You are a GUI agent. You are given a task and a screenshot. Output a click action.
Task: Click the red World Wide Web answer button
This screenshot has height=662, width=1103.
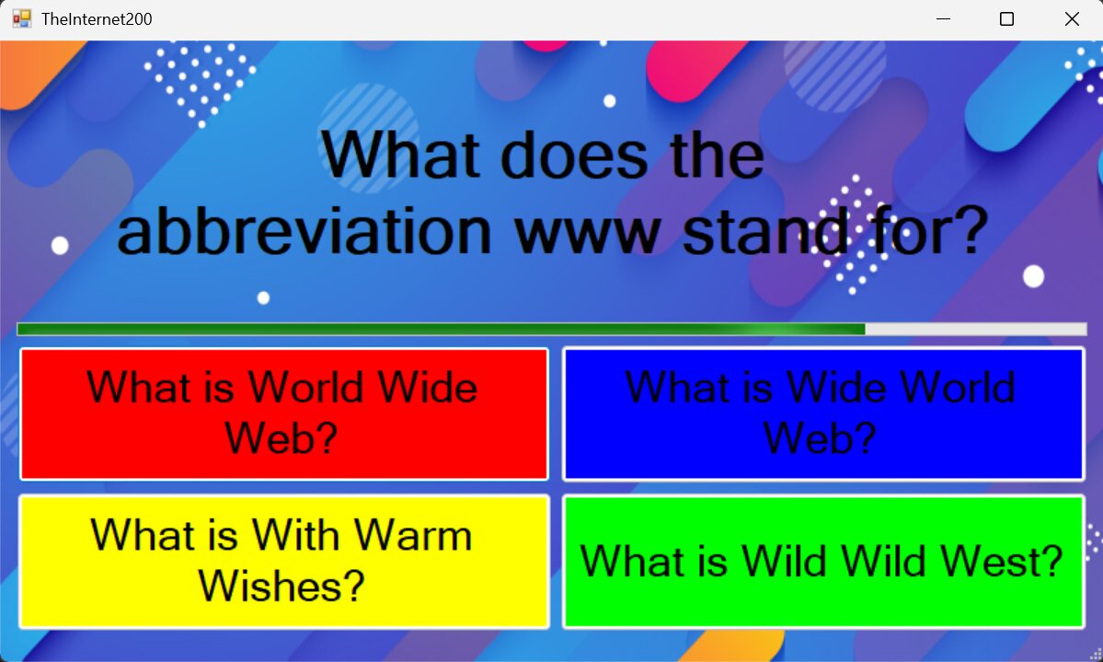(x=284, y=414)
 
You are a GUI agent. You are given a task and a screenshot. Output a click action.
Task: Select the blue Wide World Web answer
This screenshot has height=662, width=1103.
(x=823, y=414)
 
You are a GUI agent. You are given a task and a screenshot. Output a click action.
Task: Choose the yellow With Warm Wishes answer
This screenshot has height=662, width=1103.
(x=284, y=562)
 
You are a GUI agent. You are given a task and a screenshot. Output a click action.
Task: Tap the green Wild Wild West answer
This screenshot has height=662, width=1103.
(x=823, y=562)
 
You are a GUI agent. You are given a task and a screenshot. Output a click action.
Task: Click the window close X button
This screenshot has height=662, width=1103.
(x=1072, y=19)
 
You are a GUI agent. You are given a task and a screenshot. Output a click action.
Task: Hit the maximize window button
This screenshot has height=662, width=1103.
(x=1006, y=19)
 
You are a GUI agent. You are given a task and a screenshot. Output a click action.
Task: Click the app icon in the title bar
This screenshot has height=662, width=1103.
(x=22, y=19)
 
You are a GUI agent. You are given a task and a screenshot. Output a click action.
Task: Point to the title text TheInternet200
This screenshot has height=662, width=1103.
(x=98, y=19)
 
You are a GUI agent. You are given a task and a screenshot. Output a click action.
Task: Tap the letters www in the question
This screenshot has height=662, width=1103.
(x=587, y=235)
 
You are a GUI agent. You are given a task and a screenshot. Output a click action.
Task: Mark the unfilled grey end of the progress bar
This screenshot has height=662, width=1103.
(x=976, y=329)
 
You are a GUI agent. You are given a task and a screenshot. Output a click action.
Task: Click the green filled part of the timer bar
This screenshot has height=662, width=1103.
(x=441, y=329)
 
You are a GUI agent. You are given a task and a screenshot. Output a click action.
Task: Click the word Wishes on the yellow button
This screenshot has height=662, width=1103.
(x=281, y=586)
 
